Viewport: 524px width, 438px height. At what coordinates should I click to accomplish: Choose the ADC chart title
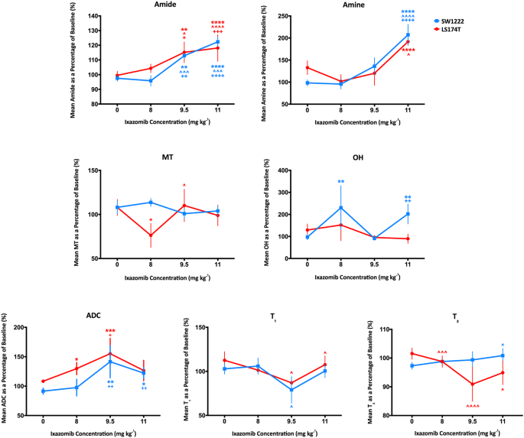[93, 315]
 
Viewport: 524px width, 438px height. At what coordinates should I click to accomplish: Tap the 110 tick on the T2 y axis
[398, 329]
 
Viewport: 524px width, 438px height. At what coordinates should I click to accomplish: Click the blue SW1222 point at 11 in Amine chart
[408, 35]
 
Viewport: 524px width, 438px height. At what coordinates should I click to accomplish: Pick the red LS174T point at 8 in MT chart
[151, 235]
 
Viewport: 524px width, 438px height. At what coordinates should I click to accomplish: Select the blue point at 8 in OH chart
[340, 208]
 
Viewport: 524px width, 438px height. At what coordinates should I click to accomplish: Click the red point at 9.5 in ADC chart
[110, 353]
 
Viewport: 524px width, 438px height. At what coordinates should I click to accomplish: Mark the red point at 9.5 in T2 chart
[473, 384]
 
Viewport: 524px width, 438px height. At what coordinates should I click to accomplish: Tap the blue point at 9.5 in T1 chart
[291, 390]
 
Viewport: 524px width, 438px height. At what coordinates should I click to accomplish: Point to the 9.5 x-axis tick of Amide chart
[184, 109]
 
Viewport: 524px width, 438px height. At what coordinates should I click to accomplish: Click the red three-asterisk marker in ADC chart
[110, 331]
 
